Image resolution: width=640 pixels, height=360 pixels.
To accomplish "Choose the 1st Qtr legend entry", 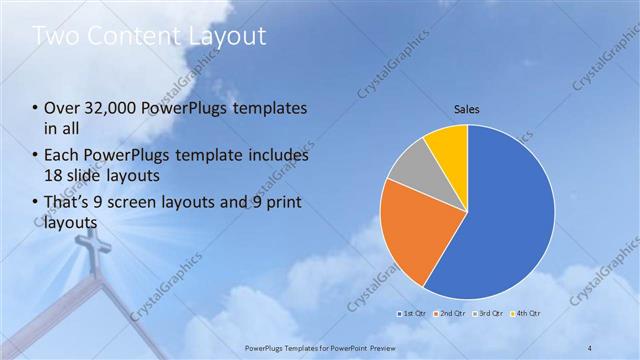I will (417, 313).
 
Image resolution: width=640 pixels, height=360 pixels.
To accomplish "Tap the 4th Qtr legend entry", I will (527, 313).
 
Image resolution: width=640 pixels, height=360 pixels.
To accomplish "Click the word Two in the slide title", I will (59, 37).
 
